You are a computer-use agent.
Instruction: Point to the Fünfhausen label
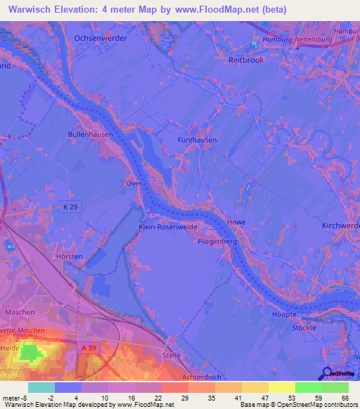pyautogui.click(x=196, y=140)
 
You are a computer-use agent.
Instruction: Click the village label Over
pyautogui.click(x=134, y=183)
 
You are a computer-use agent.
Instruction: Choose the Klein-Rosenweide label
pyautogui.click(x=167, y=228)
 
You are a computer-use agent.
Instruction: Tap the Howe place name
pyautogui.click(x=236, y=223)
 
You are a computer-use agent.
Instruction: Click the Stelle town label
pyautogui.click(x=172, y=356)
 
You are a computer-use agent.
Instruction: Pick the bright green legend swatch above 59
pyautogui.click(x=308, y=387)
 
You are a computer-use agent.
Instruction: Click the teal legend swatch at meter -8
pyautogui.click(x=41, y=387)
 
